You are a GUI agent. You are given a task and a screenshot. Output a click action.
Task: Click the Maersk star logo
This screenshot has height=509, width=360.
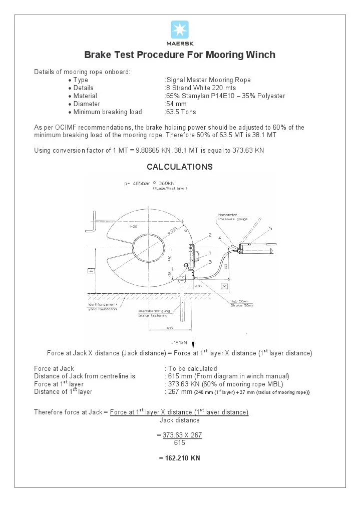(x=180, y=30)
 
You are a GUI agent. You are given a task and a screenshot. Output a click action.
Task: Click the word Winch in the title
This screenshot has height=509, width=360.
(x=260, y=55)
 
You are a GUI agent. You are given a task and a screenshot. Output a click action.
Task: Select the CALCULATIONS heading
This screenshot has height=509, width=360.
(x=180, y=167)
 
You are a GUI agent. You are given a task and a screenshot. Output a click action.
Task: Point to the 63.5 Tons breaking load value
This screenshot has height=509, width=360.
(x=181, y=112)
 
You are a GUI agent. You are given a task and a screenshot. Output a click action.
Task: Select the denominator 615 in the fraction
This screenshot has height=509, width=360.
(x=180, y=443)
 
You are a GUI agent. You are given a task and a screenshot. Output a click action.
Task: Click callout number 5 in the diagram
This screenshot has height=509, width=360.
(x=270, y=228)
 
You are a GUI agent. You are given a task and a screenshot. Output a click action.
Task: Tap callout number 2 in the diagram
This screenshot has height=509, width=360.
(x=210, y=235)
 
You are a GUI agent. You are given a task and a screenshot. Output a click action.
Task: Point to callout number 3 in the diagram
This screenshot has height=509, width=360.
(x=210, y=261)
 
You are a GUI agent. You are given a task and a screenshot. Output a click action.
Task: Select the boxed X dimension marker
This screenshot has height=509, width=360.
(x=224, y=287)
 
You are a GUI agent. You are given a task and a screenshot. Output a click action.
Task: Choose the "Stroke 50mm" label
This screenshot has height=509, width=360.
(x=242, y=305)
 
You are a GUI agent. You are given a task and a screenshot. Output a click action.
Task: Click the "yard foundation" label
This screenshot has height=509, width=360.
(x=102, y=309)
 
